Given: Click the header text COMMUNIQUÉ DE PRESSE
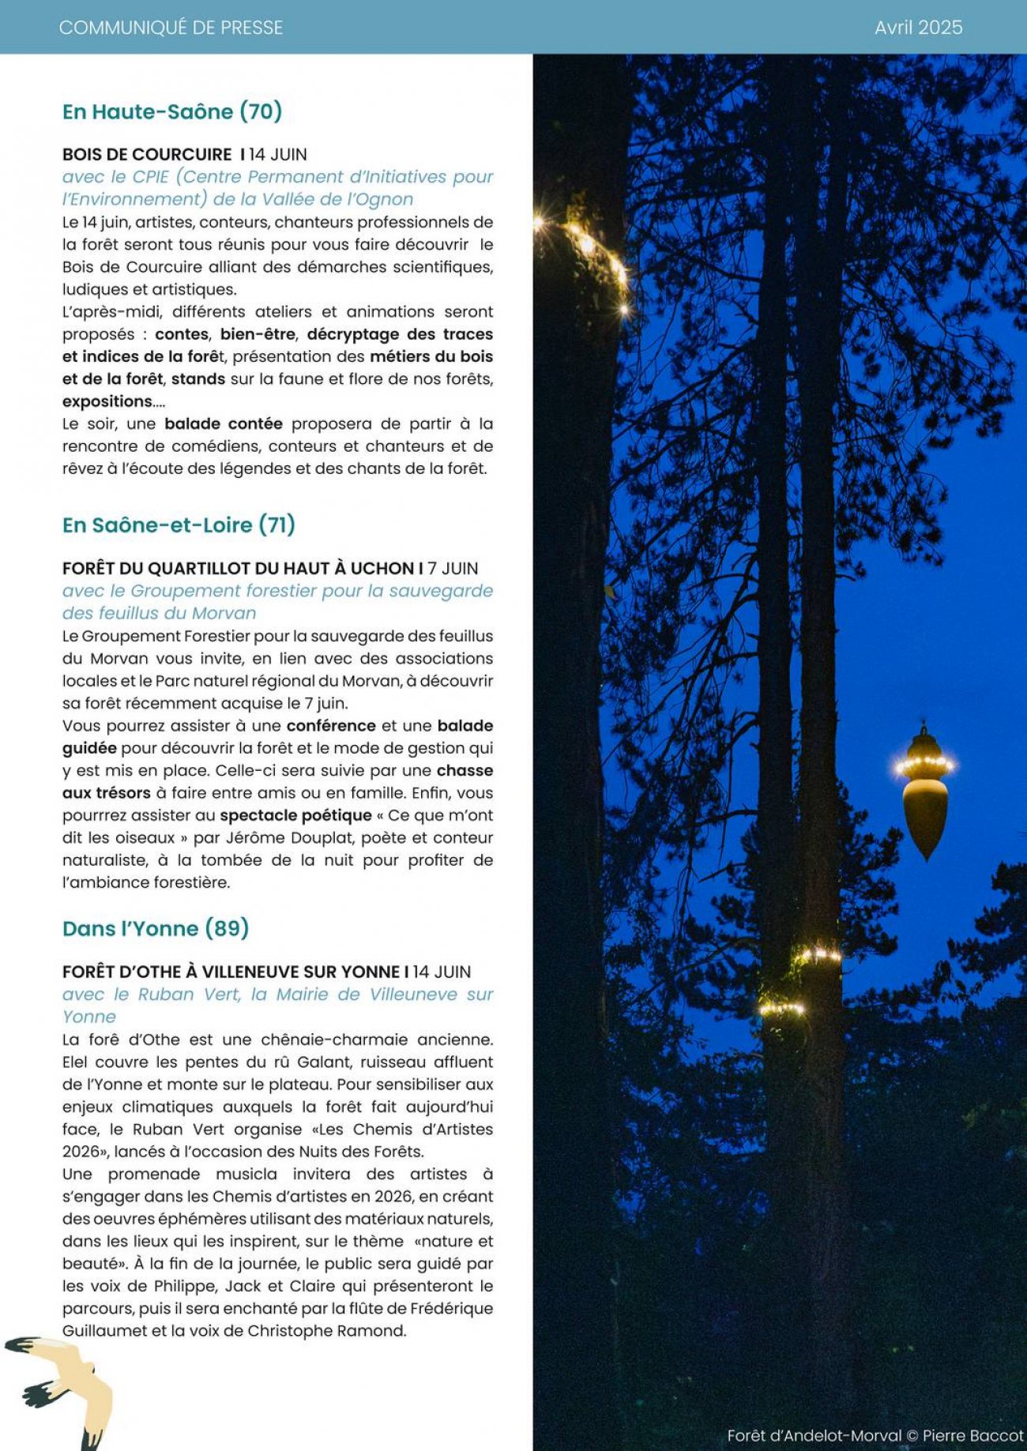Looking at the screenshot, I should point(171,28).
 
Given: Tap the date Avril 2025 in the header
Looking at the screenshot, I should point(918,28).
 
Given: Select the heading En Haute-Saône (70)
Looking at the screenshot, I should point(172,111).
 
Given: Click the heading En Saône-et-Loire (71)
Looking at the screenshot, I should point(179,524).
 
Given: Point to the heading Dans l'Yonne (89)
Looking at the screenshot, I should point(156,928).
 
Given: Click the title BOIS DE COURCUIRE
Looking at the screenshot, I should point(147,155).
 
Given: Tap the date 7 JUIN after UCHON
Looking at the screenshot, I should point(453,569).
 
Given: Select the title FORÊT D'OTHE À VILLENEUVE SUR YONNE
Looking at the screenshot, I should point(231,972).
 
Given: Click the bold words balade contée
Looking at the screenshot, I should point(224,424).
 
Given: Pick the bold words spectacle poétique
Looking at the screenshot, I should point(295,816).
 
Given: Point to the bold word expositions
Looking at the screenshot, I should point(107,401).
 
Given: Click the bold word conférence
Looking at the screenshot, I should point(331,726).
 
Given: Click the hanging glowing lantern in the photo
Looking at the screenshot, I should point(924,794).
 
